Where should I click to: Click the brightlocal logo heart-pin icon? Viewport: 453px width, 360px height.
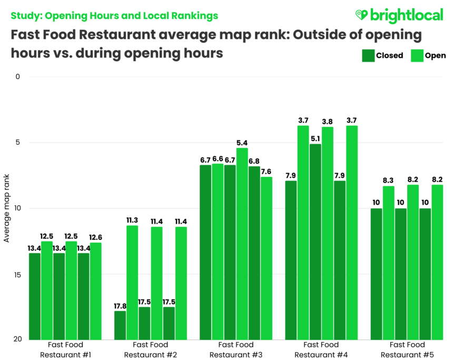[x=361, y=15]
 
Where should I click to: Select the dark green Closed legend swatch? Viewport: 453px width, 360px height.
[x=367, y=55]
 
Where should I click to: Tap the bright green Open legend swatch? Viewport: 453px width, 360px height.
[x=417, y=55]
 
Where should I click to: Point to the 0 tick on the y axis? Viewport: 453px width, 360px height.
[x=17, y=77]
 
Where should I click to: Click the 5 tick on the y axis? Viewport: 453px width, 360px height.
[x=17, y=143]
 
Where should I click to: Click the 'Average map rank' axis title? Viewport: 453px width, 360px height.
[x=7, y=208]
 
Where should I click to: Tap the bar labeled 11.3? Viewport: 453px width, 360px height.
[x=132, y=282]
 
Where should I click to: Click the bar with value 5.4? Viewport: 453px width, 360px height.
[x=242, y=244]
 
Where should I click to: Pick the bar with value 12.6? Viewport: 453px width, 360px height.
[x=96, y=291]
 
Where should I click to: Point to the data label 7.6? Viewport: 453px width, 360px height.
[x=266, y=172]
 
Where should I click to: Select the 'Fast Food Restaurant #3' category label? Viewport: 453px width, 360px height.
[x=236, y=349]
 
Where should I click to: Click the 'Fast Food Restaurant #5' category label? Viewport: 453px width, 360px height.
[x=407, y=349]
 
